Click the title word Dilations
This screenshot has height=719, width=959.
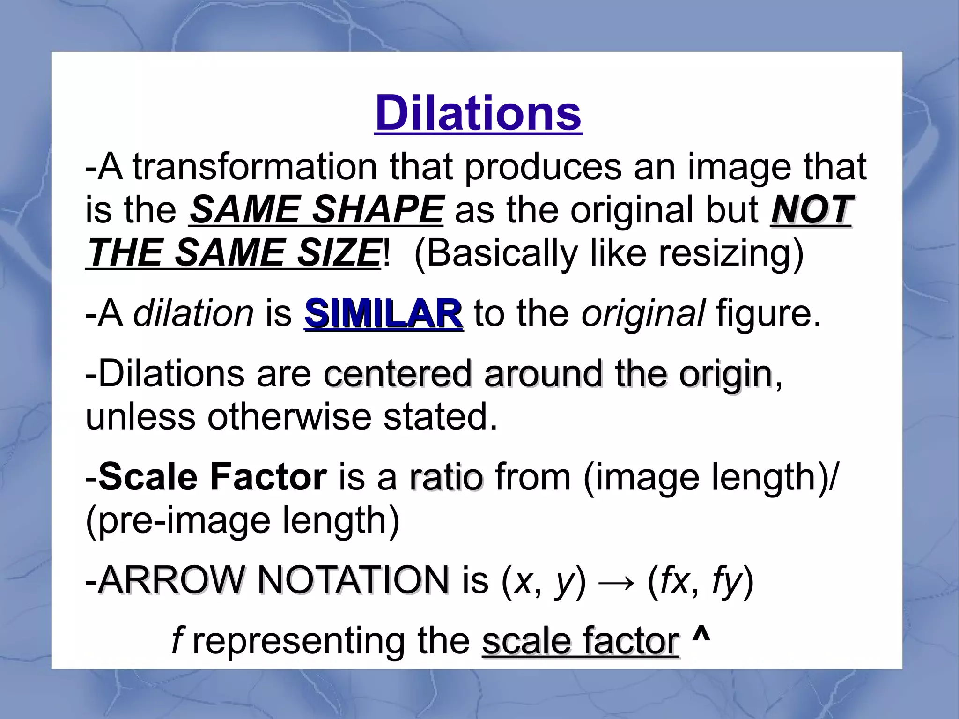coord(478,113)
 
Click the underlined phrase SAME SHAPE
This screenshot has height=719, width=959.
coord(316,209)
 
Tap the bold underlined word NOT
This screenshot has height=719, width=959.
coord(810,209)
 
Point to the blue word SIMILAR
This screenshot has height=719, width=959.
coord(384,313)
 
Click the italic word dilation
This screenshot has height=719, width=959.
coord(193,313)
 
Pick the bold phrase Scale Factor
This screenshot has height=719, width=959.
coord(213,477)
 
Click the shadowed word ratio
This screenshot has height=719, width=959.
coord(445,477)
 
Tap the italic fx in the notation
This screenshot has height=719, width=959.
coord(674,581)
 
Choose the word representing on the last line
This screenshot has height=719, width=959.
coord(298,641)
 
